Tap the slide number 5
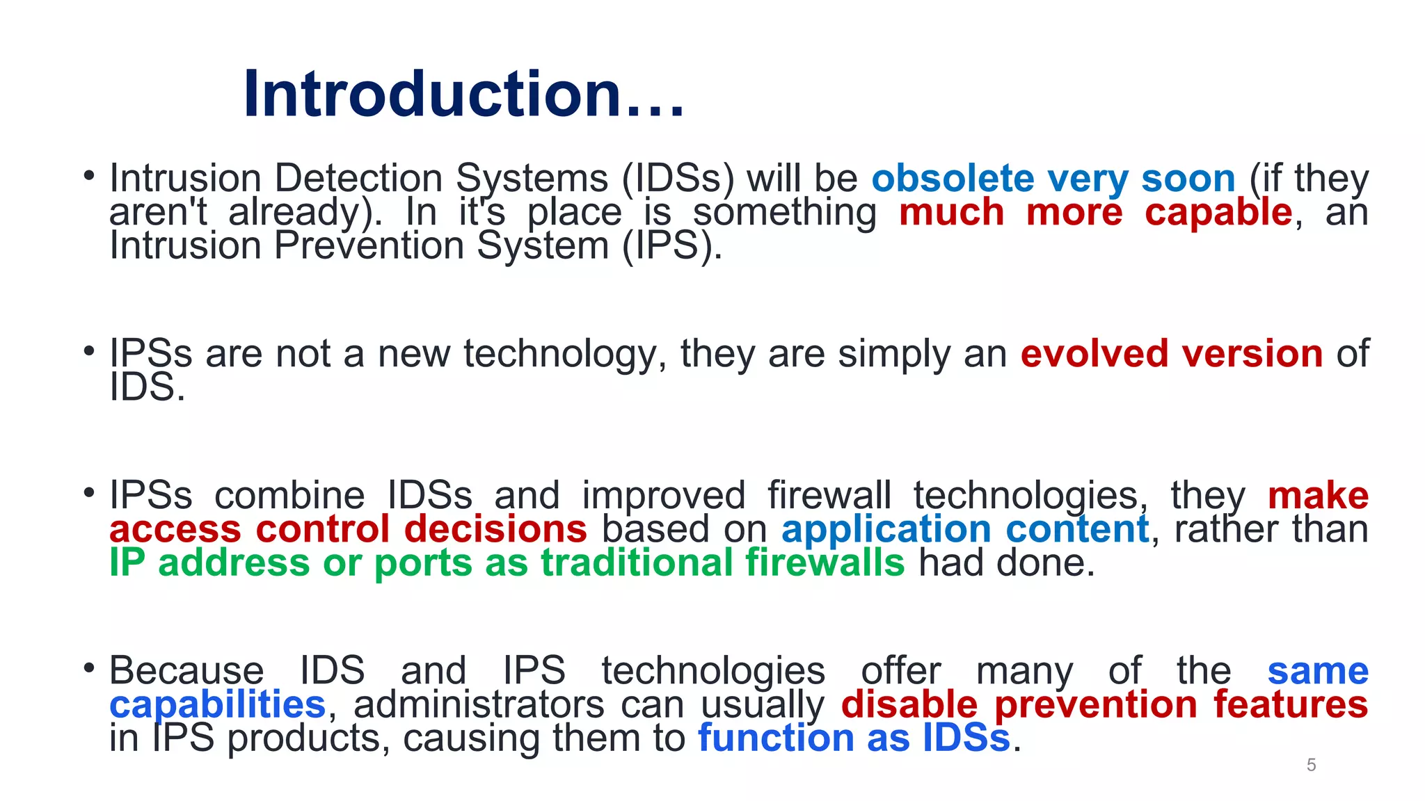point(1311,765)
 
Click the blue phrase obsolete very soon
point(1053,179)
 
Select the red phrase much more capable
point(1095,212)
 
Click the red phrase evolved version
point(1171,354)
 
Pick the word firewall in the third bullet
point(829,496)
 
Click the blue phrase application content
point(965,529)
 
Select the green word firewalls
point(825,563)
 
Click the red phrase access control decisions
point(348,529)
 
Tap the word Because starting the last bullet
point(186,671)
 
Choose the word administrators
point(479,704)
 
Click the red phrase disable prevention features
point(1104,704)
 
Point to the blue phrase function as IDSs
point(854,738)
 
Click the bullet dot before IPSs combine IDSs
point(88,492)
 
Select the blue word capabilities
point(217,704)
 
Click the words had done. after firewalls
point(1006,563)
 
